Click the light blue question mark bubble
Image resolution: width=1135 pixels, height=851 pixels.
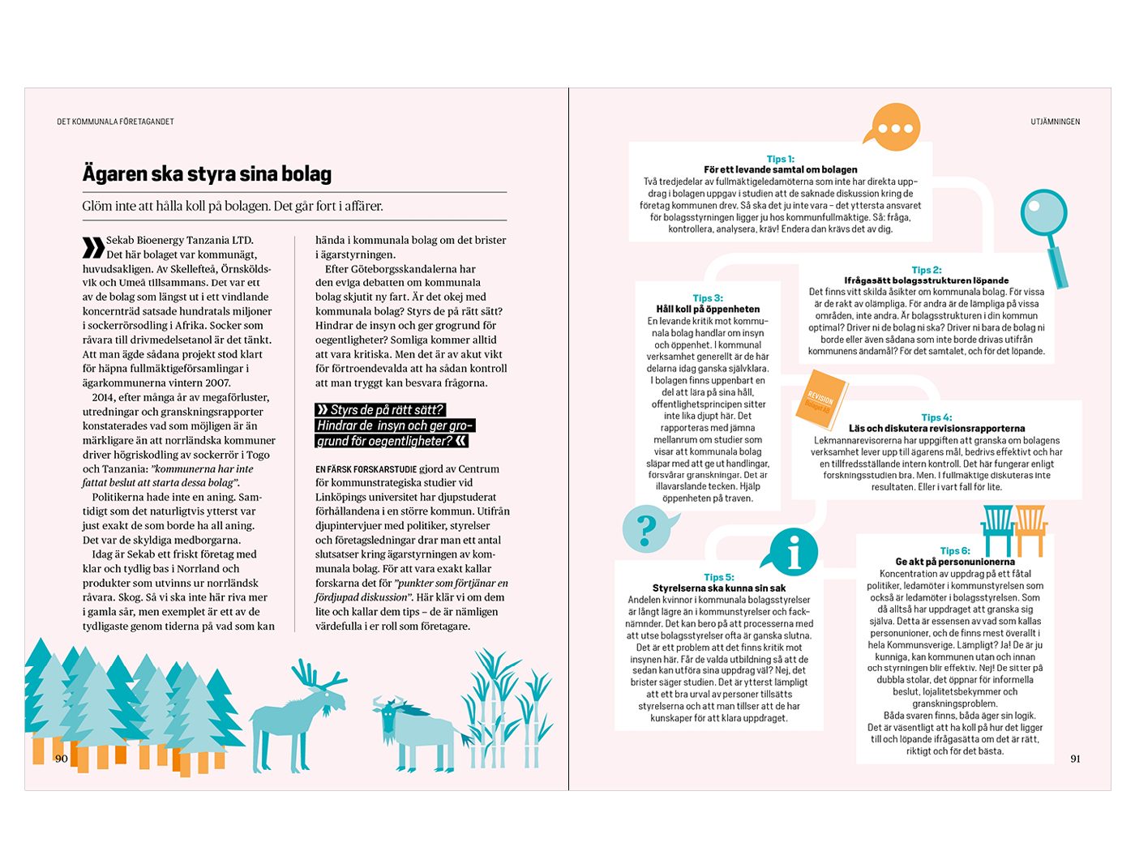click(x=648, y=529)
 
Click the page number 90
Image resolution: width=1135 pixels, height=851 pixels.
click(x=62, y=759)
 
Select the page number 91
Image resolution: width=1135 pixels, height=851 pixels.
click(x=1075, y=759)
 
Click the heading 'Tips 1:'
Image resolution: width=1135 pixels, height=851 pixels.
click(x=780, y=159)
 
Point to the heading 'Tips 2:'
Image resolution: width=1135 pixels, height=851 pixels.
click(x=926, y=270)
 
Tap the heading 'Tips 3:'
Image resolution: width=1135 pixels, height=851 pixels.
click(x=708, y=298)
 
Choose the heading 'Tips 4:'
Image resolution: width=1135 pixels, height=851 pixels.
click(x=936, y=417)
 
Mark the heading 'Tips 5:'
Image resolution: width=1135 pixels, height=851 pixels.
click(x=718, y=577)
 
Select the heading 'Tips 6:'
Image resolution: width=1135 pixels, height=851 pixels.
click(x=954, y=550)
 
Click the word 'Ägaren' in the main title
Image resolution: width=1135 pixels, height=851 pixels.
click(x=115, y=174)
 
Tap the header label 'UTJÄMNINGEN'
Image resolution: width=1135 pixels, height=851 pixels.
click(x=1055, y=122)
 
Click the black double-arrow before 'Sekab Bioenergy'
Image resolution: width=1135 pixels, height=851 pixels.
click(x=92, y=247)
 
